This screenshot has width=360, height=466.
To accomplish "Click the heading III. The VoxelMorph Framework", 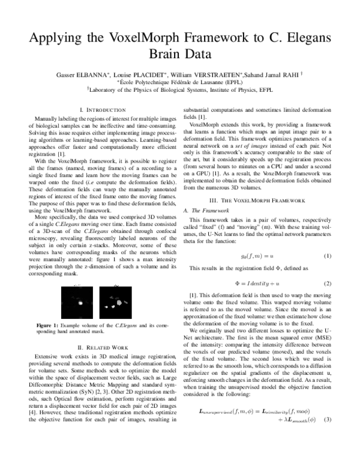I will tap(265, 199).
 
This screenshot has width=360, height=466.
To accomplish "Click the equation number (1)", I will tap(328, 256).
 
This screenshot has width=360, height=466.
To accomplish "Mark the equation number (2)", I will tap(328, 283).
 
